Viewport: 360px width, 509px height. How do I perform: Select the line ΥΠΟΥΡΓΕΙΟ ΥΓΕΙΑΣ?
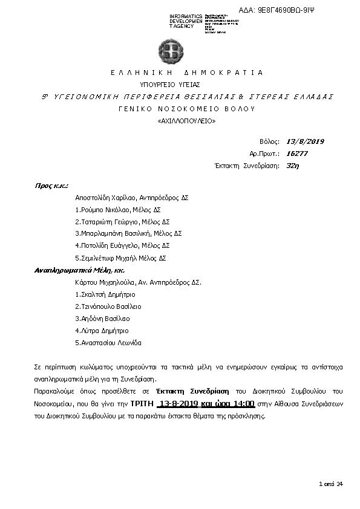170,85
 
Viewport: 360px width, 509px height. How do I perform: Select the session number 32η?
293,165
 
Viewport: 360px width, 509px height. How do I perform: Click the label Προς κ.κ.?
51,186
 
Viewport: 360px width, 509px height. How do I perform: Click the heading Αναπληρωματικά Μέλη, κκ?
71,270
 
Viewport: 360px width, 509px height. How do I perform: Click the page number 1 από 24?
331,484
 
